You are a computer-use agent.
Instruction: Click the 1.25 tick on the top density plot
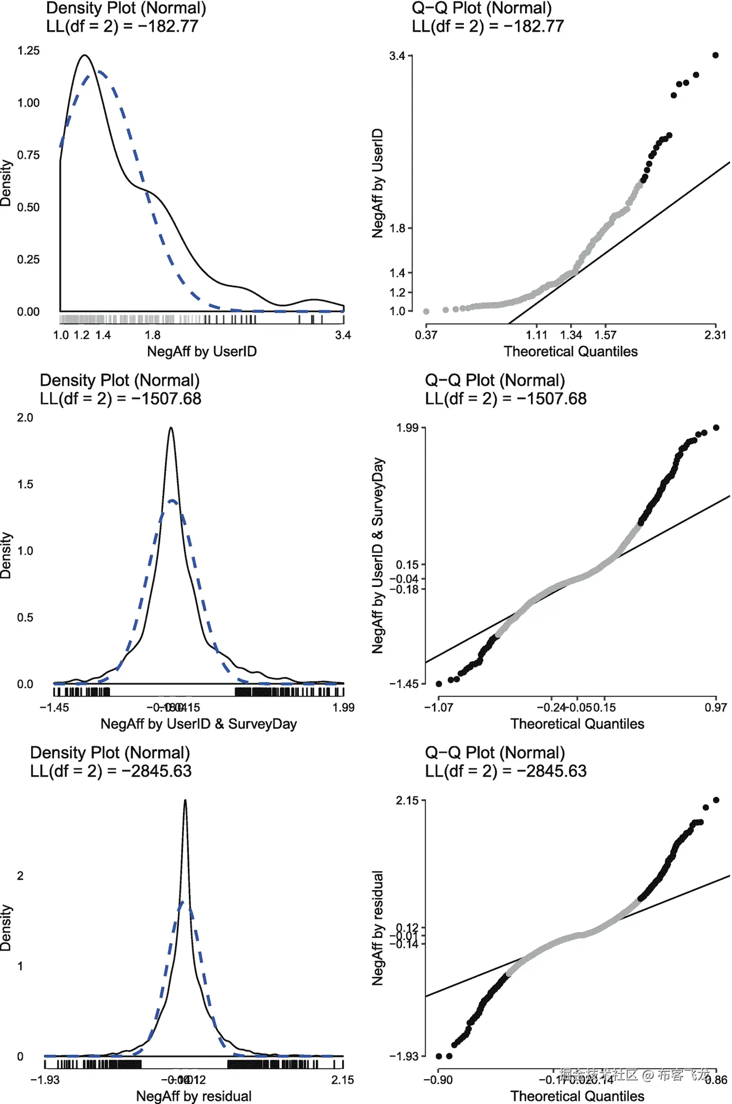[28, 51]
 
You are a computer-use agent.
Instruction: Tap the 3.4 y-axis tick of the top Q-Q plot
[397, 56]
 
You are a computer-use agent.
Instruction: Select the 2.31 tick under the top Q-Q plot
[715, 335]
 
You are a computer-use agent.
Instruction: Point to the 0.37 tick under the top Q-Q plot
[426, 335]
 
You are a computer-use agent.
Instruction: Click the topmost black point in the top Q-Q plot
[716, 55]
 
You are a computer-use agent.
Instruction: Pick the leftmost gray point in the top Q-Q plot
[426, 311]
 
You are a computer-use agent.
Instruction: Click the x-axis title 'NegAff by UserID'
[202, 351]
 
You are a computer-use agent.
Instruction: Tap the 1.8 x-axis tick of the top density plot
[152, 335]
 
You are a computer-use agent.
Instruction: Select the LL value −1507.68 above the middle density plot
[166, 399]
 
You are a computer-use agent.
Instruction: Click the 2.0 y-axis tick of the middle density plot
[25, 418]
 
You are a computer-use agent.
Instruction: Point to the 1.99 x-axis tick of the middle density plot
[343, 708]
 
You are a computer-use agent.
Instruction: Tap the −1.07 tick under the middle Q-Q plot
[438, 708]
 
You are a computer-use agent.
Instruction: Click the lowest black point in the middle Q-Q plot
[439, 684]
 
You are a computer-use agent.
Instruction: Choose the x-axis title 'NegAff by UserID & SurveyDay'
[198, 724]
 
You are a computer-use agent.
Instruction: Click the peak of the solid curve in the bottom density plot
[185, 800]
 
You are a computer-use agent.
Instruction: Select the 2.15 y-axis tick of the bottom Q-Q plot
[407, 801]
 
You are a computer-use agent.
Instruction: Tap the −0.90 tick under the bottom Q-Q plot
[438, 1080]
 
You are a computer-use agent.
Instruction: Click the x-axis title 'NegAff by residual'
[194, 1096]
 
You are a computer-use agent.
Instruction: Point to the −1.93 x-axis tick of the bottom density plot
[45, 1080]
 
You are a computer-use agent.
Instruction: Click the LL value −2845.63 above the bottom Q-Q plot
[552, 771]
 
